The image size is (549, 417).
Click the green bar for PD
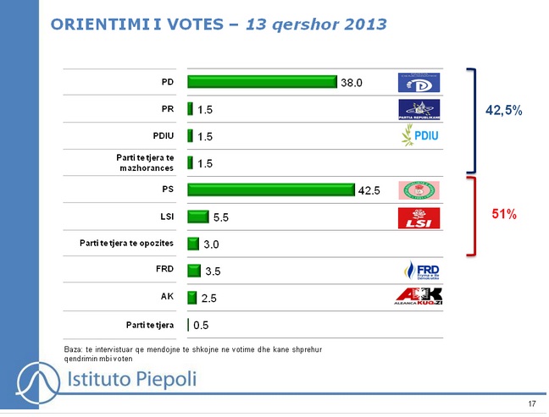tap(262, 82)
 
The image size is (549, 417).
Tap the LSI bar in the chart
tap(197, 217)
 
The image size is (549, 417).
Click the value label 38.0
tap(352, 83)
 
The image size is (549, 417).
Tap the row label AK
tap(168, 297)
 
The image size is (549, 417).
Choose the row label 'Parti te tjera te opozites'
tap(126, 243)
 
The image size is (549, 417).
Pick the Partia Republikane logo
tap(420, 110)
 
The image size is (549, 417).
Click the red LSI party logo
tap(420, 217)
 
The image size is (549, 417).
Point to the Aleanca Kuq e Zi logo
tap(419, 297)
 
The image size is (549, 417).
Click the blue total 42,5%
tap(503, 110)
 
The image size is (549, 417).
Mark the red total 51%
tap(505, 215)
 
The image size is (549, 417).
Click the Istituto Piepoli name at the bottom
tap(131, 379)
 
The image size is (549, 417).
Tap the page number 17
tap(531, 404)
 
